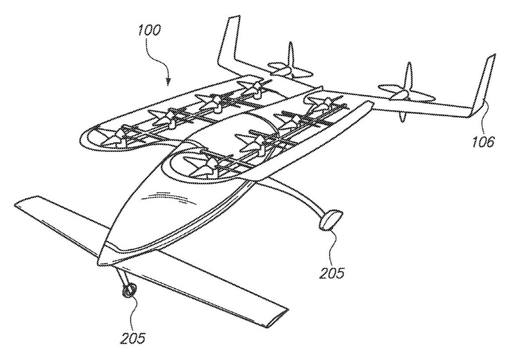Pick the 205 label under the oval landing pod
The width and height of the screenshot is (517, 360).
coord(332,272)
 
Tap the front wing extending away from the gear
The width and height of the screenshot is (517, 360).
coord(58,213)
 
